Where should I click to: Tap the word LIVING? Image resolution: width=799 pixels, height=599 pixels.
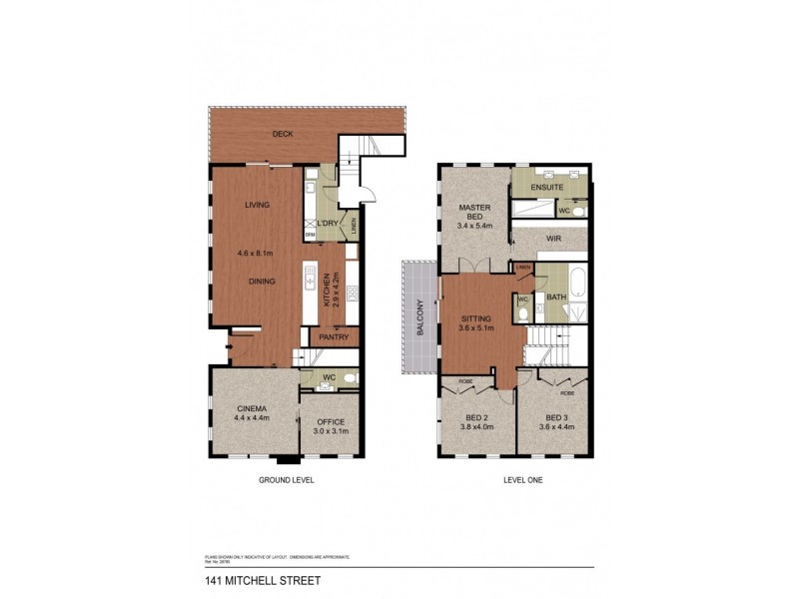coord(257,206)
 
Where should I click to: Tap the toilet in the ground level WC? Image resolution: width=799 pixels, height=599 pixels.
coord(349,379)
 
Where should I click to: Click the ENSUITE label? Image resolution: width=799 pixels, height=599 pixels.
coord(548,187)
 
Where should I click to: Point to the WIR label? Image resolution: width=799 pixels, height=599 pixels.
coord(553,240)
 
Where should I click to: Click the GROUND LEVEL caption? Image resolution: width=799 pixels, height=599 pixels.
coord(286,480)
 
